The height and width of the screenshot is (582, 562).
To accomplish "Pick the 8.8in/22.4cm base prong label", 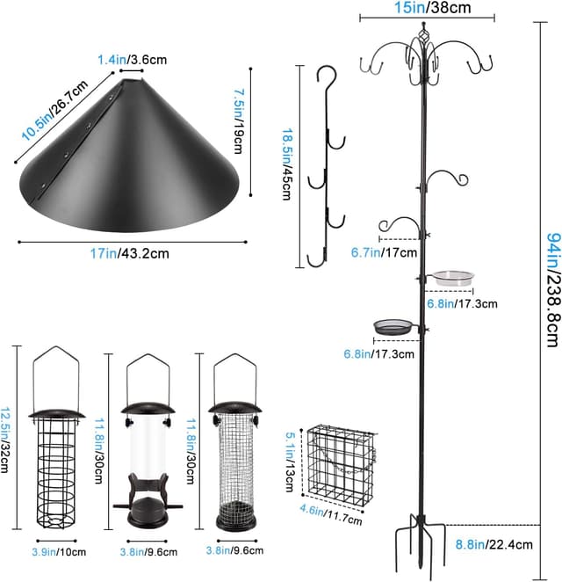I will [x=494, y=544].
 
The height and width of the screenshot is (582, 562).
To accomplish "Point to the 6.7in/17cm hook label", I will [x=378, y=251].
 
